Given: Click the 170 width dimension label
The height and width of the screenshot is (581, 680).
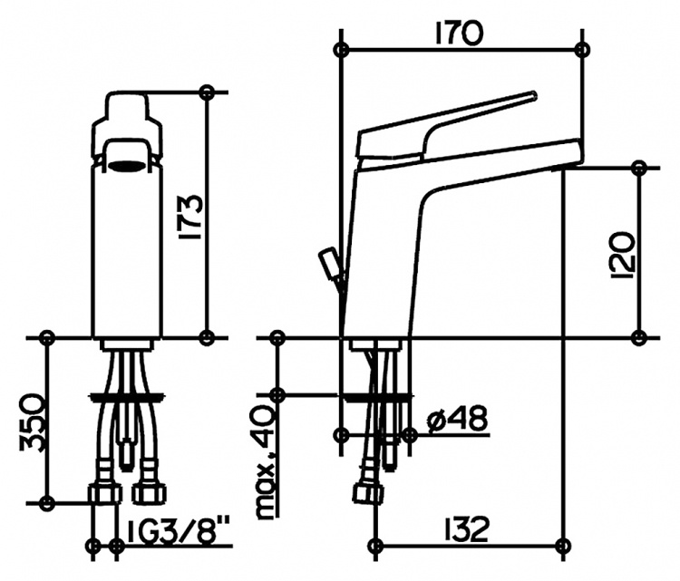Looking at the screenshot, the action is pyautogui.click(x=459, y=34).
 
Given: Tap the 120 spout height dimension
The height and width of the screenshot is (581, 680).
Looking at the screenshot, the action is pyautogui.click(x=623, y=255).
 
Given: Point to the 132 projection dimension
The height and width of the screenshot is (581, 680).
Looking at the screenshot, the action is pyautogui.click(x=465, y=529).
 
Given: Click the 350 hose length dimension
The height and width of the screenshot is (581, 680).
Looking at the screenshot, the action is pyautogui.click(x=31, y=423).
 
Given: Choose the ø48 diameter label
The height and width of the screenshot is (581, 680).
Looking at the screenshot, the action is pyautogui.click(x=457, y=420).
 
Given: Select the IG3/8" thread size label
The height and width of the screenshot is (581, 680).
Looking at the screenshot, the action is pyautogui.click(x=179, y=531).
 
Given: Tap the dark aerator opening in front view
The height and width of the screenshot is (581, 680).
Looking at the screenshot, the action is pyautogui.click(x=127, y=165).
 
